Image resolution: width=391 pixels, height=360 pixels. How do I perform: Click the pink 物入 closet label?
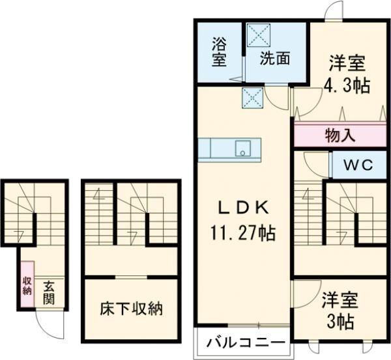pos(340,135)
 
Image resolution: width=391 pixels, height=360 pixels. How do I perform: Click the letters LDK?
pos(242,208)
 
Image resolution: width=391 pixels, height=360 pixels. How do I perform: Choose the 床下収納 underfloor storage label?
pos(131,308)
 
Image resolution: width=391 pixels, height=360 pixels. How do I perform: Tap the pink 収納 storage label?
pos(27,285)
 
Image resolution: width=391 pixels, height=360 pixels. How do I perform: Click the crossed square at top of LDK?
pos(252,98)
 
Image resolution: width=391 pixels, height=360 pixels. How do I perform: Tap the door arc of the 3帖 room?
pos(302,290)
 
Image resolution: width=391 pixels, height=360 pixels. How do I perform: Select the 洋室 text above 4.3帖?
pos(347,64)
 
